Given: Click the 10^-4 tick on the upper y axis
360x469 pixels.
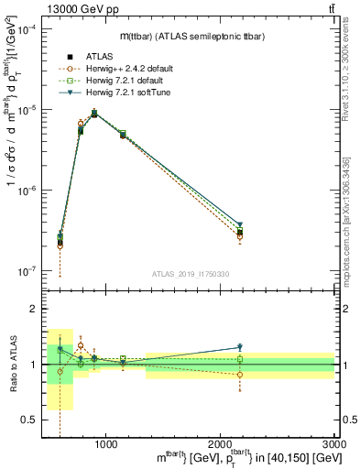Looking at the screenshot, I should (x=27, y=29).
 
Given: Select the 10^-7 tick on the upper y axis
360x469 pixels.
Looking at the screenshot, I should (x=27, y=271).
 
